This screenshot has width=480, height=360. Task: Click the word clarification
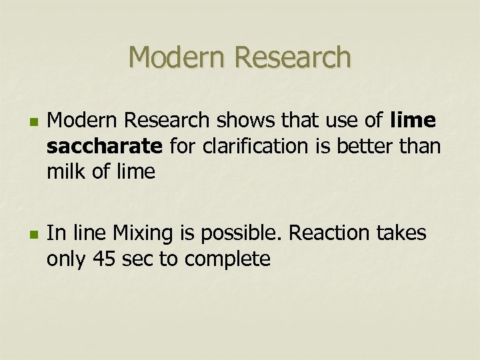[x=243, y=147]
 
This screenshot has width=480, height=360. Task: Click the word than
[x=423, y=147]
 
